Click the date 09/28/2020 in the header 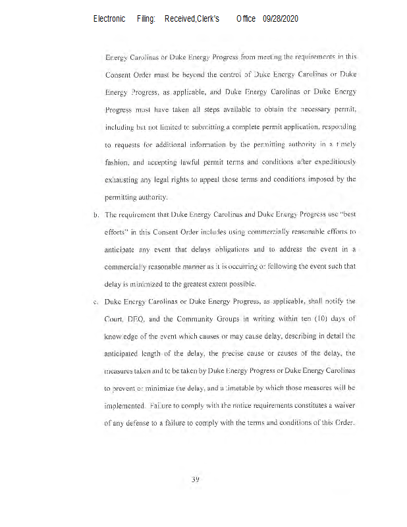point(281,19)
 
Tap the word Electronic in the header point(109,19)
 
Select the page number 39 point(196,478)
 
